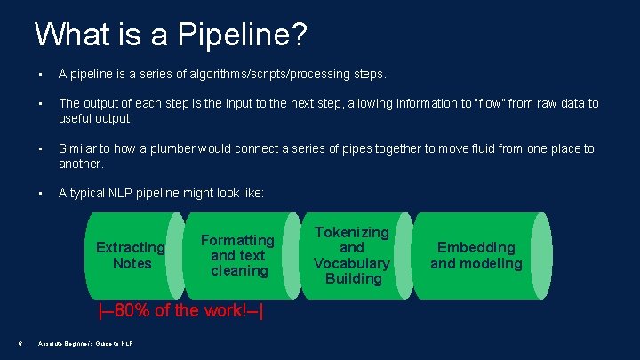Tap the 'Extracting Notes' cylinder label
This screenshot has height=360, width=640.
point(131,255)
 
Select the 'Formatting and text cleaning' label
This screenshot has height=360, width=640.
point(238,255)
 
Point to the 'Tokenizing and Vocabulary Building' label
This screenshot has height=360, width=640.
point(352,255)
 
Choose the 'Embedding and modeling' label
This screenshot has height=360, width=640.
point(476,255)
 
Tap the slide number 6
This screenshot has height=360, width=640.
point(19,345)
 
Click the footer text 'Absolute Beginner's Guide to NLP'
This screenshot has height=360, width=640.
point(85,345)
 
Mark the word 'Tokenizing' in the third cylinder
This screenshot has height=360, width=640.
point(352,232)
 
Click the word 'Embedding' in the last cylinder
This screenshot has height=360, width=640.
point(476,247)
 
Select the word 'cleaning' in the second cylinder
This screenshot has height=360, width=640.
point(238,270)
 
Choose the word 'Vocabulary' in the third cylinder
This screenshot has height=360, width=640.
point(352,263)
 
